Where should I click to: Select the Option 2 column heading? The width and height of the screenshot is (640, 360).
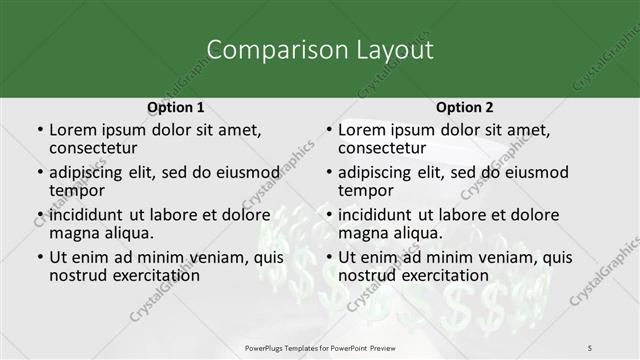pyautogui.click(x=464, y=107)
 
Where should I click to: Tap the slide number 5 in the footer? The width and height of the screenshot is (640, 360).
pyautogui.click(x=590, y=347)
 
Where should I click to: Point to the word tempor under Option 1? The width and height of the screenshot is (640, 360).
pyautogui.click(x=77, y=189)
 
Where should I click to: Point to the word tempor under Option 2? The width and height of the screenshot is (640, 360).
pyautogui.click(x=366, y=189)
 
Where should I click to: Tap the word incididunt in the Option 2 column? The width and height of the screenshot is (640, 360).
pyautogui.click(x=377, y=215)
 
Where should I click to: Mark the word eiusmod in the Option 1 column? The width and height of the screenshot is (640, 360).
pyautogui.click(x=245, y=172)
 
